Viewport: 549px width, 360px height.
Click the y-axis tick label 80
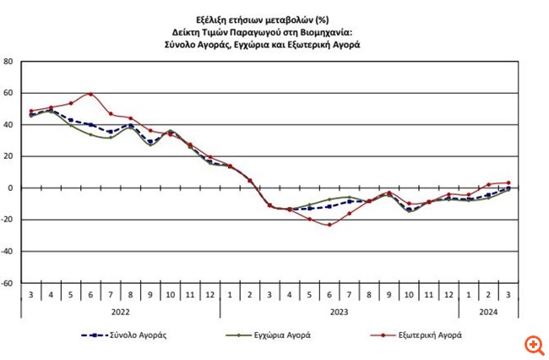pos(8,62)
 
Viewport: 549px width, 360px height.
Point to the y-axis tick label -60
pos(7,283)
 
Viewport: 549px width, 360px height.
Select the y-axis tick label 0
pos(9,188)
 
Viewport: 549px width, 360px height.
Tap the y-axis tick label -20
pos(7,220)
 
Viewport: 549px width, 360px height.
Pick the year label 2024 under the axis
pos(488,310)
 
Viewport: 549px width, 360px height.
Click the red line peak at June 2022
pos(91,94)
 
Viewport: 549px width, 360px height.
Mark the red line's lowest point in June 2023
pos(329,225)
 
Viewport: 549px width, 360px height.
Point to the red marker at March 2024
pos(508,183)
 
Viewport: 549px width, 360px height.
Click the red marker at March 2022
pos(32,111)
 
